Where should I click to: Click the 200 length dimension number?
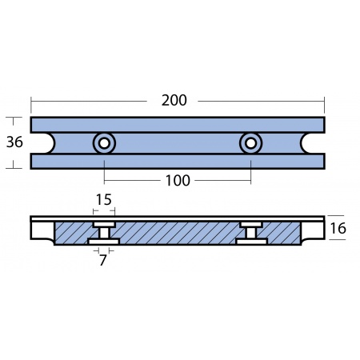click(174, 101)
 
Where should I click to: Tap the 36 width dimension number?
click(14, 142)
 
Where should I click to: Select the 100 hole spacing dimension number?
click(178, 181)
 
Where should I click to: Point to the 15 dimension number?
click(104, 199)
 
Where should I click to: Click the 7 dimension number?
click(103, 260)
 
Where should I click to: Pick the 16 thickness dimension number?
click(338, 229)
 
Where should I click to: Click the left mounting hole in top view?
click(104, 143)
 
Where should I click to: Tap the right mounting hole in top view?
click(250, 143)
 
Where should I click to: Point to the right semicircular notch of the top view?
click(302, 143)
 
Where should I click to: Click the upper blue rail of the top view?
click(178, 125)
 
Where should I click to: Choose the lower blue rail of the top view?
click(178, 162)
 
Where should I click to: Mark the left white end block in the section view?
click(42, 230)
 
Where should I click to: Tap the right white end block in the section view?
click(313, 230)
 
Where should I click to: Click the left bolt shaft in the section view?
click(104, 234)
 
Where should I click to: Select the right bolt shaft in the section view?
click(251, 234)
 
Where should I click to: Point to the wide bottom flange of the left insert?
click(104, 242)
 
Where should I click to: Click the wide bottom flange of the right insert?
click(251, 242)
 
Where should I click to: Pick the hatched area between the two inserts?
click(178, 233)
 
